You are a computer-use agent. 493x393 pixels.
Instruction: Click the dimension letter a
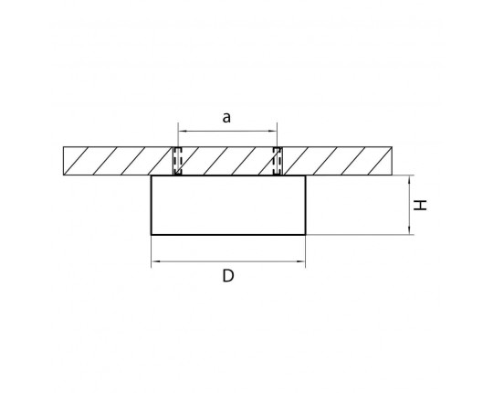click(x=226, y=118)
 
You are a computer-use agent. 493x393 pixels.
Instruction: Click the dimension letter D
click(x=228, y=276)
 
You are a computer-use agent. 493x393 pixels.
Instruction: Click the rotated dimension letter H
click(x=420, y=205)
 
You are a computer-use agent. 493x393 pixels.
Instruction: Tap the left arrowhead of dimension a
click(x=182, y=132)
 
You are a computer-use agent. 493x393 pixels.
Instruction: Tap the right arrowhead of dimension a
click(x=273, y=132)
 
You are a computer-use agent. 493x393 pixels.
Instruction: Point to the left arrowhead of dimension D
click(x=155, y=261)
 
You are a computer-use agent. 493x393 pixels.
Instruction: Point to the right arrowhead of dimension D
click(x=301, y=261)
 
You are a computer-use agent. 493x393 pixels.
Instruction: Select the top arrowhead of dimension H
click(x=409, y=180)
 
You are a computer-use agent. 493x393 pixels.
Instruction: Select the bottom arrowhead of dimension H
click(x=409, y=230)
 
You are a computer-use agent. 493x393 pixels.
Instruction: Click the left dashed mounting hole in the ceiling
click(x=178, y=161)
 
